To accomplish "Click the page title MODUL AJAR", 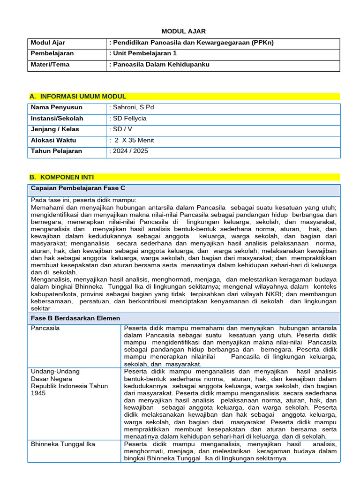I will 183,31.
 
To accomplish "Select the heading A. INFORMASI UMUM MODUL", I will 78,97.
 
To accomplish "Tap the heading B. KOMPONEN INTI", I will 61,177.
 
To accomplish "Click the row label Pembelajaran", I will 52,53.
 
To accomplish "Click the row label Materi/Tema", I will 50,64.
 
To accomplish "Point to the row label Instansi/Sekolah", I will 57,119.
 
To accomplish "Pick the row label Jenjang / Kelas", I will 55,129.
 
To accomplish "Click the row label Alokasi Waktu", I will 53,140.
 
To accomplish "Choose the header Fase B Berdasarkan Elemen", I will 75,318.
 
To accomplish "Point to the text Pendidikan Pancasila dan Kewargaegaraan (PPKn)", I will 191,43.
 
